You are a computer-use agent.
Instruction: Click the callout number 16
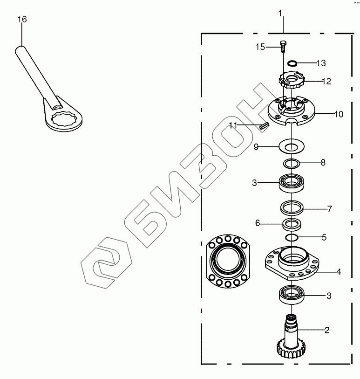coord(22,19)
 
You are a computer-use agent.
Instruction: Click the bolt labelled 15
coord(283,47)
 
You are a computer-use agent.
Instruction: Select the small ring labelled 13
coord(292,63)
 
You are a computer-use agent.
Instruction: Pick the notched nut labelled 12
coord(292,81)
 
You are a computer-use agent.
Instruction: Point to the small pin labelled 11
coord(264,126)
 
